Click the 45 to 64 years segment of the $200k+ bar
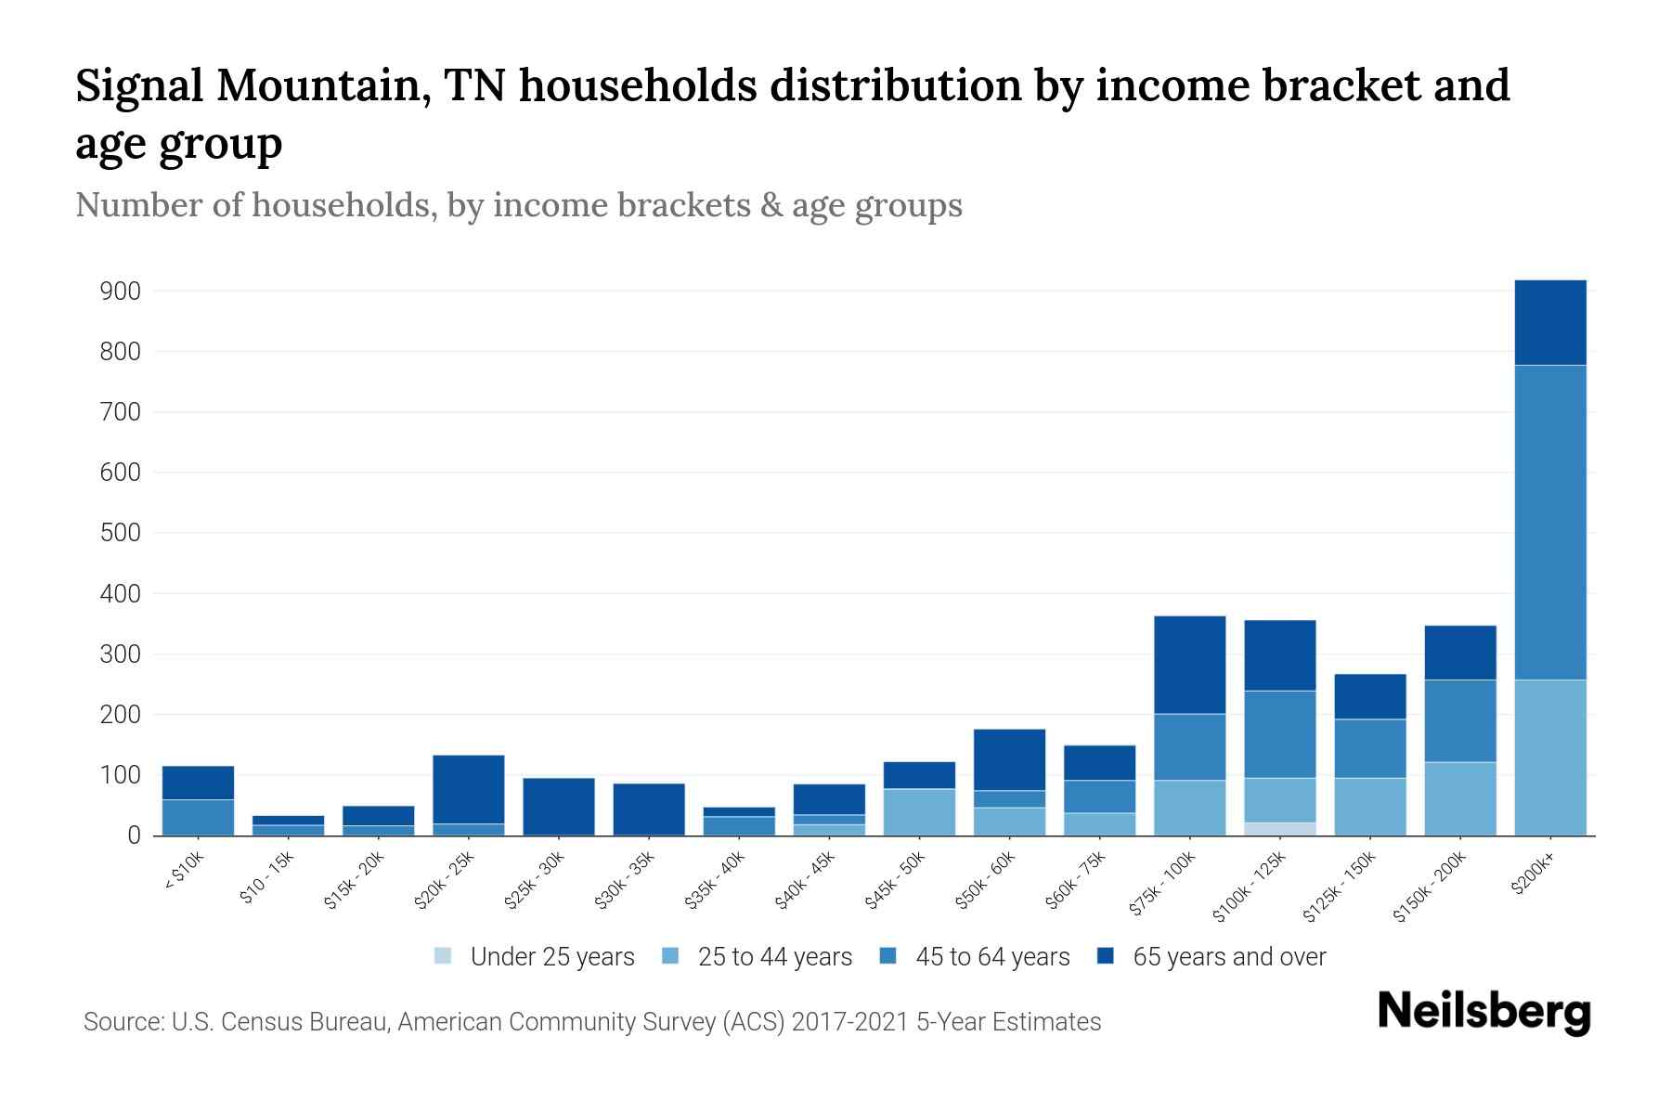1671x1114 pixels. coord(1549,522)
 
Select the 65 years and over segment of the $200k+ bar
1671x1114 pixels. coord(1549,322)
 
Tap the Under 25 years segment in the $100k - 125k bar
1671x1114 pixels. coord(1279,829)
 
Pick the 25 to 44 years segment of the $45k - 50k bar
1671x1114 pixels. coord(919,812)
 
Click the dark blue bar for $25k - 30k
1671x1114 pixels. coord(559,806)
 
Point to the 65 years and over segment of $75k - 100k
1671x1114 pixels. coord(1189,665)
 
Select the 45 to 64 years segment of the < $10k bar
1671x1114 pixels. coord(198,817)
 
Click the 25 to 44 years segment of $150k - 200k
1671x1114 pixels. coord(1459,798)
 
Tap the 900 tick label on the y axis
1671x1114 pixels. coord(120,291)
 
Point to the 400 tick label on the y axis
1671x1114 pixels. coord(120,594)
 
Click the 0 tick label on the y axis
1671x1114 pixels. coord(134,835)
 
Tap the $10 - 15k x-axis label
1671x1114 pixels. coord(266,878)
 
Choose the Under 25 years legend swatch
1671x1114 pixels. coord(444,956)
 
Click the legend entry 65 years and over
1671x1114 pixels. coord(1228,957)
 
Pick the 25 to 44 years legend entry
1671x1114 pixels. coord(774,957)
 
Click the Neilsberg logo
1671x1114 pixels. coord(1483,1012)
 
